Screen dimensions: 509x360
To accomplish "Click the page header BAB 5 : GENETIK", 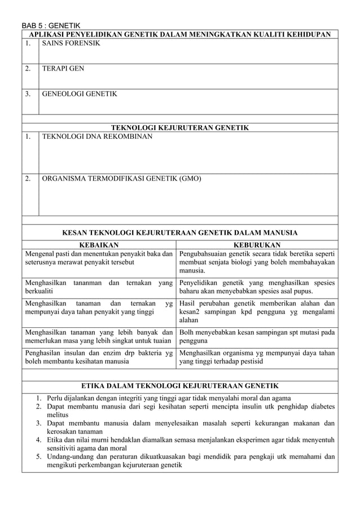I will (51, 25).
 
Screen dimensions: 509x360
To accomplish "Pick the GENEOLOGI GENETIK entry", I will (80, 94).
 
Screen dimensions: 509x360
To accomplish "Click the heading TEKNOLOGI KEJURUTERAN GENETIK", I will (179, 128).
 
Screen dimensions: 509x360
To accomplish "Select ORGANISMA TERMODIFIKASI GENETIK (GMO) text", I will (121, 179).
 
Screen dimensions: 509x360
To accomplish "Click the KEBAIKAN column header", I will (98, 245).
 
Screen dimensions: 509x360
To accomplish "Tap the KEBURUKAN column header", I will (257, 245).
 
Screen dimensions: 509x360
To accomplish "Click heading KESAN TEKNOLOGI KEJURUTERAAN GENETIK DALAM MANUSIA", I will (179, 232).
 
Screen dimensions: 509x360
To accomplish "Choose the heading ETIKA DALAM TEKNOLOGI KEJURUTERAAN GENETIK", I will (179, 386).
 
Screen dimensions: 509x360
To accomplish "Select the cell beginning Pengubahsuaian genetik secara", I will (257, 262).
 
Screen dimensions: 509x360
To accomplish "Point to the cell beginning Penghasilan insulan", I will (98, 358).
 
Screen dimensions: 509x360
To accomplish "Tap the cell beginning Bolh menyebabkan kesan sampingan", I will (257, 337).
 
